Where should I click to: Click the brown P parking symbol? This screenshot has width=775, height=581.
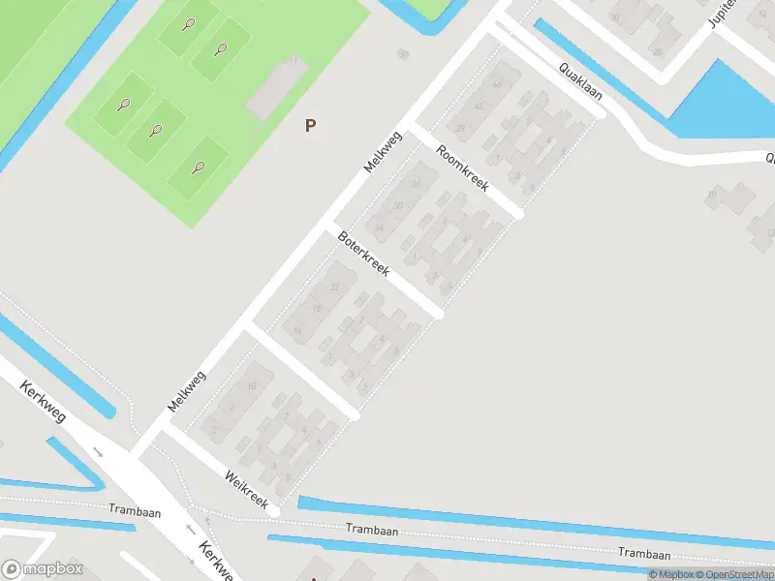[310, 125]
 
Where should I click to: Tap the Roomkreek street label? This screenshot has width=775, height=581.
[462, 168]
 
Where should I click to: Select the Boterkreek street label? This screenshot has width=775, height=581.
[363, 254]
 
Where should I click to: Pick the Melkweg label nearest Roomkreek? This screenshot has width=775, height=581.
[383, 152]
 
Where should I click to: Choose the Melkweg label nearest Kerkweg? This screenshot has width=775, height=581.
[186, 391]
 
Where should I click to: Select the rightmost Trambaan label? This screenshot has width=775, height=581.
[645, 555]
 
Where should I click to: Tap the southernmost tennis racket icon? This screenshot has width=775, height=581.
[199, 167]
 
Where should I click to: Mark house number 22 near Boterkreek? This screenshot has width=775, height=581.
[335, 288]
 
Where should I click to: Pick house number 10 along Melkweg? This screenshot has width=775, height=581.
[252, 386]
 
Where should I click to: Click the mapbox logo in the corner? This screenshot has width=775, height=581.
[43, 569]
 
